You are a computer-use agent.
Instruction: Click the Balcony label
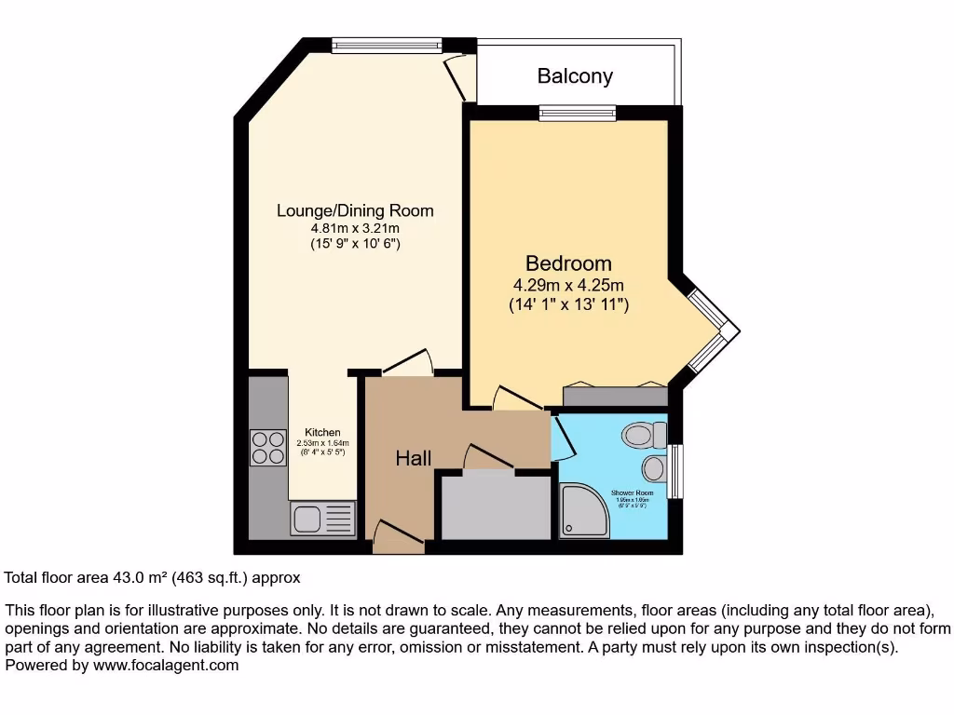coord(575,76)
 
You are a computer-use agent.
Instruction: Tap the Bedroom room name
coord(568,263)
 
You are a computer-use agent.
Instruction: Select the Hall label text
coord(414,458)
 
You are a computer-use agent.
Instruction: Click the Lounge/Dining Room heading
coord(355,210)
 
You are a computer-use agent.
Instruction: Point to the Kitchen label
coord(322,433)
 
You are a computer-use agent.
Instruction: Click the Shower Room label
coord(632,492)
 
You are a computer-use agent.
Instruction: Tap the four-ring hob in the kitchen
coord(268,448)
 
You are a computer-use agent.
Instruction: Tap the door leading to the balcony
coord(459,74)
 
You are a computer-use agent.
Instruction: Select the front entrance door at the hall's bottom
coord(399,536)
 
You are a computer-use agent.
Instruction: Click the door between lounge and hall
coord(408,365)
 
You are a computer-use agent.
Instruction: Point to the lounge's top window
coord(387,44)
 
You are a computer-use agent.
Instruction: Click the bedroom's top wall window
coord(578,113)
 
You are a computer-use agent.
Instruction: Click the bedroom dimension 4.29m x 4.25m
coord(568,285)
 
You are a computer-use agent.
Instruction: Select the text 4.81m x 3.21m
coord(355,228)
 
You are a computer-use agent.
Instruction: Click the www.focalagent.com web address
coord(162,666)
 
